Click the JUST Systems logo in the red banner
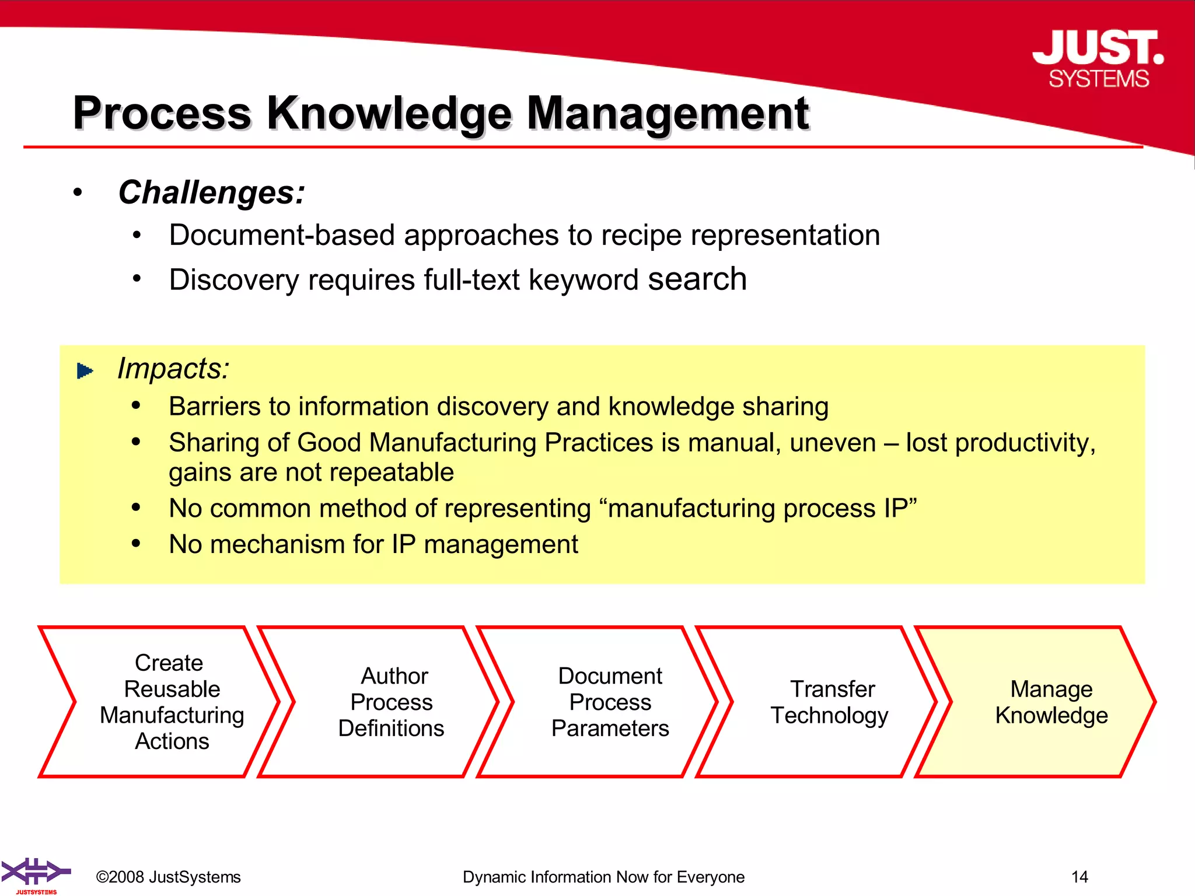coord(1098,59)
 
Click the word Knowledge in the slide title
coord(389,113)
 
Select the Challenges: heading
coord(211,192)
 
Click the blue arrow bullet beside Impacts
coord(85,370)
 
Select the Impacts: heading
coord(173,369)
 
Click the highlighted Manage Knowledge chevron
coord(1044,702)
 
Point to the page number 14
coord(1079,877)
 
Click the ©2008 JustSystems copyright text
coord(168,877)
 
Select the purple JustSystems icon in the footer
coord(35,874)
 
